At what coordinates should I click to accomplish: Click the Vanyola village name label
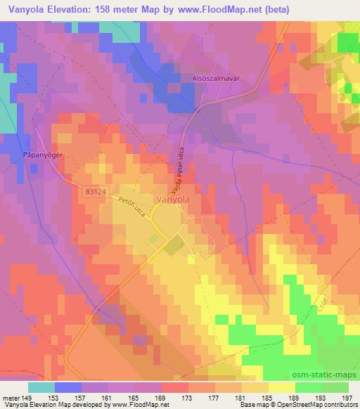point(172,199)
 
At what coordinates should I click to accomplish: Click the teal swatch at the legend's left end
point(41,387)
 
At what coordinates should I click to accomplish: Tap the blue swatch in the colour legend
point(68,387)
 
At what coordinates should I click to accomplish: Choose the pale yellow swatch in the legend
point(281,387)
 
